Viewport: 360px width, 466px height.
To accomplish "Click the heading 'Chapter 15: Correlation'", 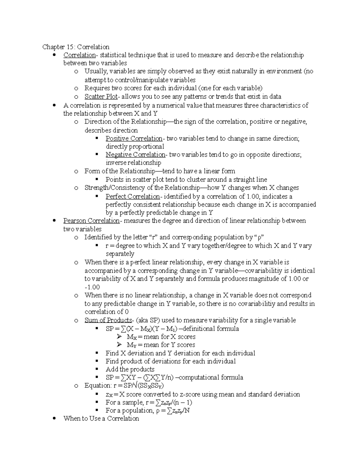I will (x=76, y=47).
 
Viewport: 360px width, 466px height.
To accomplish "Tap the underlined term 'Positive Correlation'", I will (x=134, y=138).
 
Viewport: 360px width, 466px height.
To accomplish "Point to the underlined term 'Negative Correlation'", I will (x=135, y=155).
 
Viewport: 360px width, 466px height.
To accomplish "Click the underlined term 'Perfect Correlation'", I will (x=133, y=197).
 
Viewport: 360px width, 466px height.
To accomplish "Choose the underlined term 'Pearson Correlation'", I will (x=91, y=221).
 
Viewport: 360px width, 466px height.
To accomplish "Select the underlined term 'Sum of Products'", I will (x=108, y=320).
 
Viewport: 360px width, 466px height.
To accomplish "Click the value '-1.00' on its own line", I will (x=92, y=287).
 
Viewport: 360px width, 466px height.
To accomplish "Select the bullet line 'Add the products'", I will (x=130, y=369).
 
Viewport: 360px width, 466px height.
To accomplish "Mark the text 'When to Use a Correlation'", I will (x=101, y=418).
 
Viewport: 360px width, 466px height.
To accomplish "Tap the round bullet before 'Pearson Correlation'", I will (x=54, y=221).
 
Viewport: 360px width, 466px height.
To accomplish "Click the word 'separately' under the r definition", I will (x=120, y=254).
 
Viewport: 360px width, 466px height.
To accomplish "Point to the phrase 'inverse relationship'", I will (x=133, y=163).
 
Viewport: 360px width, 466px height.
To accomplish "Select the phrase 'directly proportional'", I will (x=135, y=146).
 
